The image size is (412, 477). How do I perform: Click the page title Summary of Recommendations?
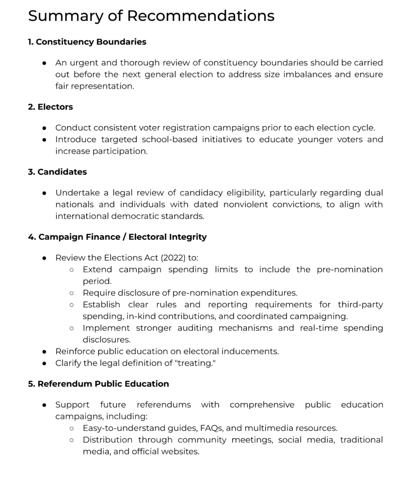[x=151, y=16]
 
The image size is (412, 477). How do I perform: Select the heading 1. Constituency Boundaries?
[x=87, y=42]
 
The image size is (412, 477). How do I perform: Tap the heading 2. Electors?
[x=50, y=107]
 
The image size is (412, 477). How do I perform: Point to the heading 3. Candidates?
[x=57, y=172]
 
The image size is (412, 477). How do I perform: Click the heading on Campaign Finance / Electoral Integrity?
[x=117, y=237]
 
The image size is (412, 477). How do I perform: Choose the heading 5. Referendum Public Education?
[x=98, y=384]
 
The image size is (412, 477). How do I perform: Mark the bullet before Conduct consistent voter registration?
[x=44, y=128]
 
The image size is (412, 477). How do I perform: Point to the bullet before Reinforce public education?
[x=44, y=352]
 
